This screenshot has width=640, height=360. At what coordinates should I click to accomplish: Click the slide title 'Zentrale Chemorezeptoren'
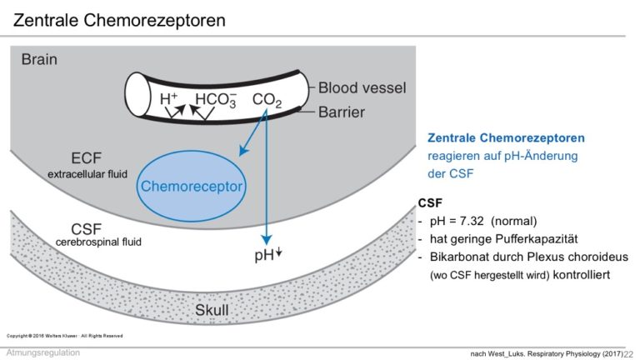click(x=119, y=20)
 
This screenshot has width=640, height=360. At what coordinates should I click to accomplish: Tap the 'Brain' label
click(x=39, y=60)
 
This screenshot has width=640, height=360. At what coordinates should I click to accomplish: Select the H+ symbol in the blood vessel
click(x=168, y=98)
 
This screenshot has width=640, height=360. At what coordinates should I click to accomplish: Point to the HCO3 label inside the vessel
click(x=216, y=99)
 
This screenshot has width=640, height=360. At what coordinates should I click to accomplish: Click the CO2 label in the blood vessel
click(x=267, y=100)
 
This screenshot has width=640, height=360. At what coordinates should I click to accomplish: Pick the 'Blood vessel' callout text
click(x=362, y=87)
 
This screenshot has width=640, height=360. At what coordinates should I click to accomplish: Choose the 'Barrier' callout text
click(x=342, y=112)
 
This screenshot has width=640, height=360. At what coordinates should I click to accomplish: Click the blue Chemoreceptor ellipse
click(x=192, y=186)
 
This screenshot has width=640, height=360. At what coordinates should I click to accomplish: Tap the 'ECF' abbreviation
click(x=86, y=158)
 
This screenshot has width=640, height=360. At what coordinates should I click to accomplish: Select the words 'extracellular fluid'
click(x=87, y=174)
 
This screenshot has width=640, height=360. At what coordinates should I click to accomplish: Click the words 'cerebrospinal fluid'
click(x=98, y=242)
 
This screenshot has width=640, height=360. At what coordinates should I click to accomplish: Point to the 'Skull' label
click(x=212, y=310)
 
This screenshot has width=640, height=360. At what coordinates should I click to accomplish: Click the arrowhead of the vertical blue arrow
click(x=267, y=240)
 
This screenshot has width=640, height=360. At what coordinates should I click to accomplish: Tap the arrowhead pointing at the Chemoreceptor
click(x=242, y=151)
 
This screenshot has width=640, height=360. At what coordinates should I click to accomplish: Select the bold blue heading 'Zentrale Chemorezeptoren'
click(x=506, y=138)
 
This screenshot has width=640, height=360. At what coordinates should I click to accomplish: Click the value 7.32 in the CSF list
click(x=472, y=221)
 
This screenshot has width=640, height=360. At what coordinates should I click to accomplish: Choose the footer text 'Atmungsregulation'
click(x=43, y=352)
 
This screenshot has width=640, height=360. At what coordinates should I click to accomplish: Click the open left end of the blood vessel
click(x=137, y=96)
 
